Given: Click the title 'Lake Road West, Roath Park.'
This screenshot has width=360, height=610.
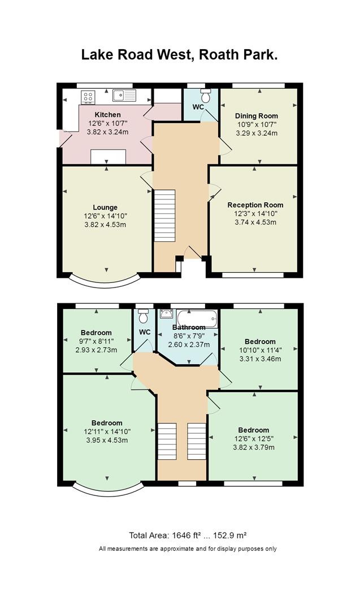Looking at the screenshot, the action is (x=179, y=54).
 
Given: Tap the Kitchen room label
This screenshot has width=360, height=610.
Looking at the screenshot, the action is (x=108, y=115).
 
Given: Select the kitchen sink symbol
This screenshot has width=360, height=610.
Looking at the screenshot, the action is (x=124, y=95).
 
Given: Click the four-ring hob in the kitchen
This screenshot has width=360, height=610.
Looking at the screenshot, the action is (x=88, y=97).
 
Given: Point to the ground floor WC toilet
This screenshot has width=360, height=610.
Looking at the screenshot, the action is (x=206, y=95).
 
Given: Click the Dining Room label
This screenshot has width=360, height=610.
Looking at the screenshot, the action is (x=257, y=116).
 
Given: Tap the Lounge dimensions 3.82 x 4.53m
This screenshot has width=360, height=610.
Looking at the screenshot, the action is (x=105, y=224).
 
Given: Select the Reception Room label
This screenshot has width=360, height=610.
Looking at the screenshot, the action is (x=255, y=205).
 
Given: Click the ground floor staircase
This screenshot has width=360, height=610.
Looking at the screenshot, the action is (x=164, y=216).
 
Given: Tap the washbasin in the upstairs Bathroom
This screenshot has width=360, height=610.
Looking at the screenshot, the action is (x=167, y=313).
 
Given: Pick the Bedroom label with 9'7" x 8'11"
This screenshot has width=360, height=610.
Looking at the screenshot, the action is (x=96, y=333).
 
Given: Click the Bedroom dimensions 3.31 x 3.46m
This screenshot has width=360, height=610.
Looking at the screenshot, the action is (x=260, y=359).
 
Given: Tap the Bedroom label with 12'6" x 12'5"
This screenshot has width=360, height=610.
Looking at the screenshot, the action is (x=254, y=430).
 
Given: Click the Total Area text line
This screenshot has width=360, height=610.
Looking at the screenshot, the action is (x=188, y=535).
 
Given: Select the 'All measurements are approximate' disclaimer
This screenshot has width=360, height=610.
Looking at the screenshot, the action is (x=188, y=548).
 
